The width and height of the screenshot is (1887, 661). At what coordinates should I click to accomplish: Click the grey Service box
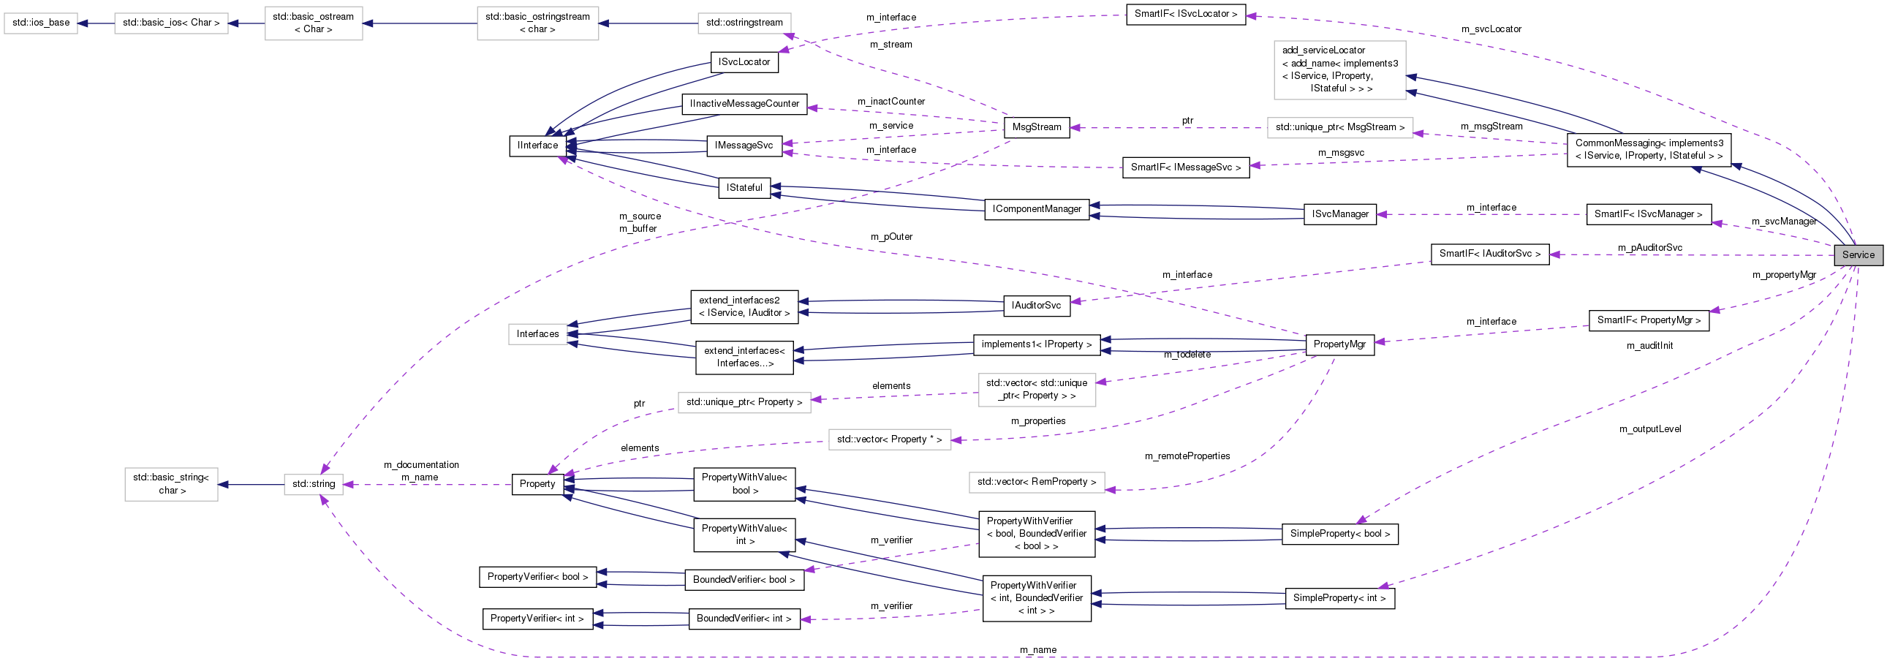point(1858,255)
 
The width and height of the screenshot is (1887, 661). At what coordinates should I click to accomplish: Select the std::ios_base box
point(41,23)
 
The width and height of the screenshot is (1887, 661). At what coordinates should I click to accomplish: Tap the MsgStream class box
point(1036,126)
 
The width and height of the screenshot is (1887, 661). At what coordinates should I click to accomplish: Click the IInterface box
point(537,145)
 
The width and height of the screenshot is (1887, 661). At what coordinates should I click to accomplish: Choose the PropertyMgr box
point(1339,344)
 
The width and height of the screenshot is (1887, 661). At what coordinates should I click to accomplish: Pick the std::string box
point(314,483)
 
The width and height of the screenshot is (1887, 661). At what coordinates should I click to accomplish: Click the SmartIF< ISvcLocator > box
point(1185,14)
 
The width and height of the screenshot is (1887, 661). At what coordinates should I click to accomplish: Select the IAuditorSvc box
point(1036,305)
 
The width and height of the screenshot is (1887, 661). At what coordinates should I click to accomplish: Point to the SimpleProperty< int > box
point(1339,598)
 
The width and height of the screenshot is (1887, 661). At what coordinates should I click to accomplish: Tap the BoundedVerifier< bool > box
point(744,580)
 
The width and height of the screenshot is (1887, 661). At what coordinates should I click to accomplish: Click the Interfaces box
point(537,334)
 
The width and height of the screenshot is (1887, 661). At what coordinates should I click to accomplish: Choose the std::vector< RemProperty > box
point(1036,481)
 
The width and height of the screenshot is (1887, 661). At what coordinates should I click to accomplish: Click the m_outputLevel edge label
point(1649,428)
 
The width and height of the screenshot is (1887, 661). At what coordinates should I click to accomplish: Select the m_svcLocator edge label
point(1491,29)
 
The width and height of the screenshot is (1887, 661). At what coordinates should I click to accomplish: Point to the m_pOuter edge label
point(890,237)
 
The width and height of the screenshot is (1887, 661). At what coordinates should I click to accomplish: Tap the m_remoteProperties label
point(1187,456)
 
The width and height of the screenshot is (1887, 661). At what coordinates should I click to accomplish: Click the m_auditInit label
point(1649,345)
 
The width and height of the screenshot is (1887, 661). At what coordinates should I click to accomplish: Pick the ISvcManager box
point(1339,214)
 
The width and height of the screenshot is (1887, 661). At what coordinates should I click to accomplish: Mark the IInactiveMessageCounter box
point(744,104)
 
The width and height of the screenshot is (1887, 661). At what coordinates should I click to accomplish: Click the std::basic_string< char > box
point(170,483)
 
